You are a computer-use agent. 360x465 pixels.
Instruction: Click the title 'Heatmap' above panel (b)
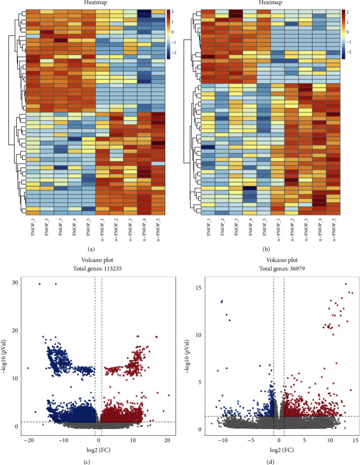(x=266, y=3)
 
